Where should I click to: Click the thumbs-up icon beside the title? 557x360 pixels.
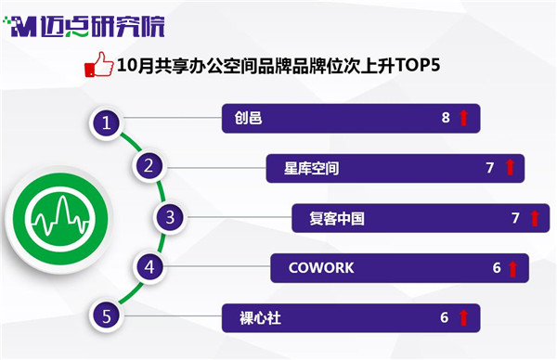(x=99, y=65)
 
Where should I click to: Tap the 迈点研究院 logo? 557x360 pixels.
(x=84, y=27)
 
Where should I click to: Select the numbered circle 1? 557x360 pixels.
(x=106, y=123)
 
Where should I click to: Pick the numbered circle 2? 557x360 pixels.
(x=149, y=166)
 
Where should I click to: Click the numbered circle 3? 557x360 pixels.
(x=170, y=217)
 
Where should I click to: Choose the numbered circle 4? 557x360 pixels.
(x=149, y=267)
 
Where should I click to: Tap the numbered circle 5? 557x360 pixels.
(x=106, y=316)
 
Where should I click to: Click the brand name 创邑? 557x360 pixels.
(x=248, y=118)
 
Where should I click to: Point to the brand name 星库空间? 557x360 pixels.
(x=312, y=168)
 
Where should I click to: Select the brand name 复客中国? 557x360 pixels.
(x=337, y=218)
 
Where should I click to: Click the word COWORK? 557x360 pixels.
(x=321, y=268)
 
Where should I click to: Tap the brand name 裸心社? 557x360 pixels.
(x=260, y=318)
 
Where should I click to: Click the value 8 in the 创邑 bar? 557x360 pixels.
(x=446, y=118)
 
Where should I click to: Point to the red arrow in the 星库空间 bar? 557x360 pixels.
(x=510, y=167)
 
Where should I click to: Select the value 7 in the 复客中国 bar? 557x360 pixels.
(x=515, y=218)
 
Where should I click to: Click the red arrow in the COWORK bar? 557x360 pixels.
(x=512, y=269)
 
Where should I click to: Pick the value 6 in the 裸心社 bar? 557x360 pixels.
(x=445, y=317)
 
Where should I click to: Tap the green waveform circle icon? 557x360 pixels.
(x=59, y=218)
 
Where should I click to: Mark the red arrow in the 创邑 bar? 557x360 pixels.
(x=463, y=118)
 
